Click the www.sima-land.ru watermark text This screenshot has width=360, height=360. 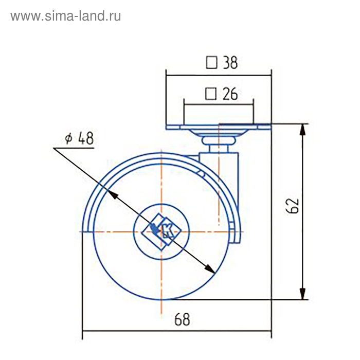coord(66,16)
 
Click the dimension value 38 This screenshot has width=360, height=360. coord(229,63)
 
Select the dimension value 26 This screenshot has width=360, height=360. coord(229,94)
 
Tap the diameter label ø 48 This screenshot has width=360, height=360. coord(79,139)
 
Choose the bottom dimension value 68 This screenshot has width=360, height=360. coord(182,319)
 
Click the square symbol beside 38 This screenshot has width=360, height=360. coord(211,63)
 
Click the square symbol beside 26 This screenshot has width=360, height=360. coord(210,94)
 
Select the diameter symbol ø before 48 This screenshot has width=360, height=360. coord(67,139)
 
